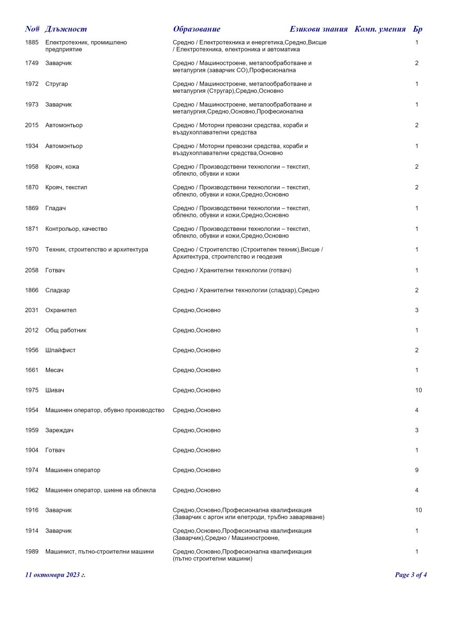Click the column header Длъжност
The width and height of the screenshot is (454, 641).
[66, 29]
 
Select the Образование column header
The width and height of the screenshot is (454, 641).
[197, 29]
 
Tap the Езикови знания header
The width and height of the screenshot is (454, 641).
[318, 29]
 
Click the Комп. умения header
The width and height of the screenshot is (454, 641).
[380, 29]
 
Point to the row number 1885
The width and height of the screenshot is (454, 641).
[32, 42]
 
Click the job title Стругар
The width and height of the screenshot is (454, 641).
[56, 84]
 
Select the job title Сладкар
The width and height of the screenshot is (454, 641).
[57, 290]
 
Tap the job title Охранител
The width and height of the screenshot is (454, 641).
[61, 310]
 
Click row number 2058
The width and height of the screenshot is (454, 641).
[32, 270]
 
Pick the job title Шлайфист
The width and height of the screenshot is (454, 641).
[60, 350]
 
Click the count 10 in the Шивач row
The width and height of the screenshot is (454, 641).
[419, 390]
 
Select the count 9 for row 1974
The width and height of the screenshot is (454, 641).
[417, 470]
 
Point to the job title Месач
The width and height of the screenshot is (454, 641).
[54, 370]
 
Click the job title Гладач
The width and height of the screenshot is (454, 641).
[55, 208]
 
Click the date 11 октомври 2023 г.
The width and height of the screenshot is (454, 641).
[55, 575]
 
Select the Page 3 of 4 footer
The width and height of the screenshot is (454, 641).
[411, 575]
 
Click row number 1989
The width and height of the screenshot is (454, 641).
[32, 551]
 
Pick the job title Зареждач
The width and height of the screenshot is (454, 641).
[59, 430]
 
